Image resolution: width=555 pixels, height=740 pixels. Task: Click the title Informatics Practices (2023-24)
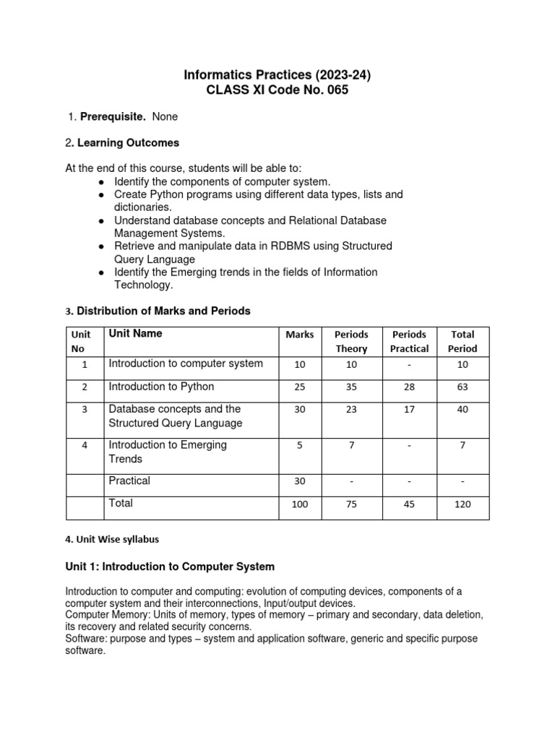pyautogui.click(x=277, y=74)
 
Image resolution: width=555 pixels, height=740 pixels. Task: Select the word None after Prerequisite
pyautogui.click(x=165, y=116)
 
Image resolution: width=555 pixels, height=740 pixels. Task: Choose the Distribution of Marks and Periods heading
pyautogui.click(x=163, y=311)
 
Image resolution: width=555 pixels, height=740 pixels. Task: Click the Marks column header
pyautogui.click(x=299, y=335)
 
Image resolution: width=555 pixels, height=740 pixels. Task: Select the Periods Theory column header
pyautogui.click(x=351, y=341)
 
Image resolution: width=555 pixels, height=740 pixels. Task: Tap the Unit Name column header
pyautogui.click(x=135, y=333)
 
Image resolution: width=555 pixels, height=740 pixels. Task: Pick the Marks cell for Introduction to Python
pyautogui.click(x=299, y=387)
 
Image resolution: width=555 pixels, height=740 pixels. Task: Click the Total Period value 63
pyautogui.click(x=462, y=387)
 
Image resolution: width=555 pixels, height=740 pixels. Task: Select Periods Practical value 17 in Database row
pyautogui.click(x=409, y=410)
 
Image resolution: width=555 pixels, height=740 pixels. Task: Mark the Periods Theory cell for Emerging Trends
pyautogui.click(x=351, y=446)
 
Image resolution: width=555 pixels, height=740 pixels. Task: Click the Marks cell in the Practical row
pyautogui.click(x=299, y=481)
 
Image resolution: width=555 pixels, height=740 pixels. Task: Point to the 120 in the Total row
pyautogui.click(x=462, y=504)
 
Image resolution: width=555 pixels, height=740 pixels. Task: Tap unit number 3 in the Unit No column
pyautogui.click(x=85, y=410)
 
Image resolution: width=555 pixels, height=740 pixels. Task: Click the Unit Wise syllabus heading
pyautogui.click(x=112, y=539)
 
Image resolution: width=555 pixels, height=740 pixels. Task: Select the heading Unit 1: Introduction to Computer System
pyautogui.click(x=170, y=567)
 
